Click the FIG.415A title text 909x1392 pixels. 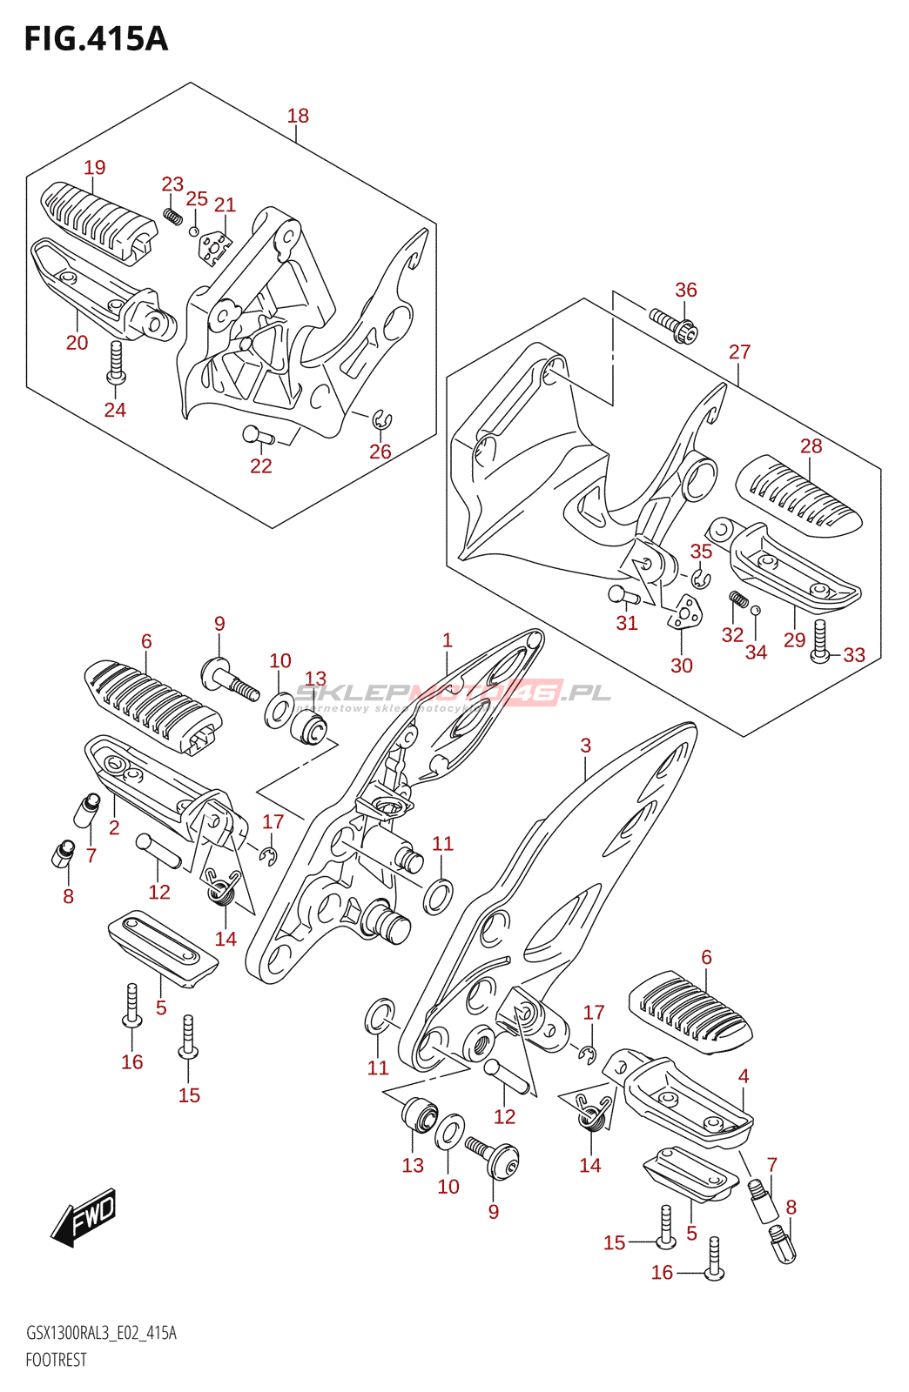pyautogui.click(x=96, y=39)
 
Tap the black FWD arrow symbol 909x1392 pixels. pyautogui.click(x=84, y=1215)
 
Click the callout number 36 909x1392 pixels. pyautogui.click(x=686, y=291)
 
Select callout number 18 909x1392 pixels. pyautogui.click(x=298, y=116)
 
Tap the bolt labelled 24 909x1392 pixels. pyautogui.click(x=115, y=364)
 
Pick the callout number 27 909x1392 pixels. pyautogui.click(x=739, y=352)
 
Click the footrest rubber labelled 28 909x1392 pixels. pyautogui.click(x=798, y=494)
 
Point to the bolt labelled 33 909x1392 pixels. pyautogui.click(x=820, y=645)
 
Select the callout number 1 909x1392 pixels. pyautogui.click(x=448, y=641)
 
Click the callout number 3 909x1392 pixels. pyautogui.click(x=586, y=746)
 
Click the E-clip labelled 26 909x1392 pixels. pyautogui.click(x=381, y=420)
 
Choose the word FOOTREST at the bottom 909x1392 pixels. pyautogui.click(x=57, y=1360)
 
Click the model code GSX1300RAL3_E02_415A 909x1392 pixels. pyautogui.click(x=101, y=1333)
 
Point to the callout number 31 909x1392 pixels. pyautogui.click(x=627, y=623)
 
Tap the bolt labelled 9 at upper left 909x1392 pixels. pyautogui.click(x=229, y=678)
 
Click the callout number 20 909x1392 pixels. pyautogui.click(x=77, y=343)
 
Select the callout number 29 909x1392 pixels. pyautogui.click(x=794, y=640)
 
